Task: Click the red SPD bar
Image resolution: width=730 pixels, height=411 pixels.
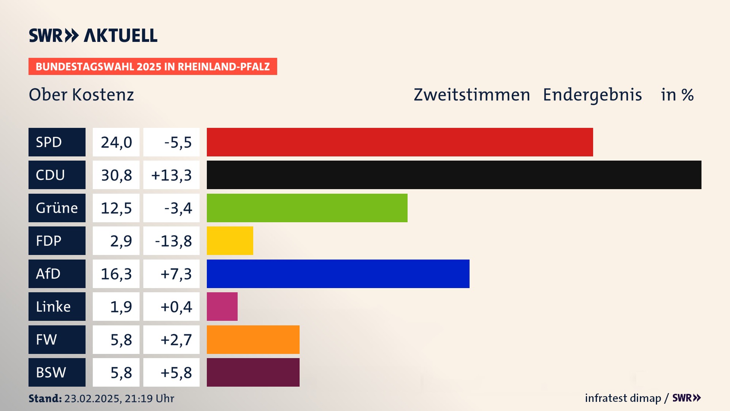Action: (400, 142)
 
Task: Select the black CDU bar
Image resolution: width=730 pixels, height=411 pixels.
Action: (454, 175)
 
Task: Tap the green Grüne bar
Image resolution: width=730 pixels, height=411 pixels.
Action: (307, 208)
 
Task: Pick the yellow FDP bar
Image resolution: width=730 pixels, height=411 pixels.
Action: (230, 241)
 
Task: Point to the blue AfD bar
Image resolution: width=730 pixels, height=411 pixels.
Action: (338, 274)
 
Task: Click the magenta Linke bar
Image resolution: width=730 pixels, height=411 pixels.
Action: (222, 306)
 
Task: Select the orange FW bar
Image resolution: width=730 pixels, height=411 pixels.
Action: (253, 339)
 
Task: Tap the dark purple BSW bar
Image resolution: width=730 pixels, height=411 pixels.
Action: (253, 372)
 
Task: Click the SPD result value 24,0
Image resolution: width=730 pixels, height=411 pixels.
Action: (116, 142)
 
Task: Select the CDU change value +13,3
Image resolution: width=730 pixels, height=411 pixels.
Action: (171, 175)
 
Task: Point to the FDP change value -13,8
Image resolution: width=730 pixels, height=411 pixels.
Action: (173, 241)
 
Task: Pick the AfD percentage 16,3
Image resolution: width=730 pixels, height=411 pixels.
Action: (116, 274)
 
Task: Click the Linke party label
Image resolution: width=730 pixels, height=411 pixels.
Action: (53, 306)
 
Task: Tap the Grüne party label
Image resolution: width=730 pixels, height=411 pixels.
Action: (57, 208)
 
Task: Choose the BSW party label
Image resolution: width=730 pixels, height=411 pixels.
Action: (51, 372)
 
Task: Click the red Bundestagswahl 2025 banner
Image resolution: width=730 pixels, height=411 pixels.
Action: (152, 67)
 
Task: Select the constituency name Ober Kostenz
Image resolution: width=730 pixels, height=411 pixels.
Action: (81, 95)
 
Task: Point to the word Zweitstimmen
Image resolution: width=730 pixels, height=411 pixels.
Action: (471, 95)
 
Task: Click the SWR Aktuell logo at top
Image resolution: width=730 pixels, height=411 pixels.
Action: (93, 35)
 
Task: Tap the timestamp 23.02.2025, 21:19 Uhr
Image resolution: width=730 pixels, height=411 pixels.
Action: (119, 398)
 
